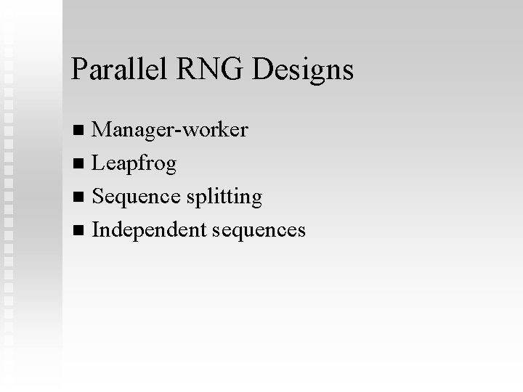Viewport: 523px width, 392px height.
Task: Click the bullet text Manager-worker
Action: pos(170,131)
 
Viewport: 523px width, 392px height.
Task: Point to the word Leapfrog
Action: pos(134,165)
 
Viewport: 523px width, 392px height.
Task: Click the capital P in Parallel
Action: pos(78,69)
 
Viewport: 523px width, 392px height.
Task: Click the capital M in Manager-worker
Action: pos(102,131)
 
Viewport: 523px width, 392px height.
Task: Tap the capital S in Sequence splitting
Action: pos(98,197)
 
